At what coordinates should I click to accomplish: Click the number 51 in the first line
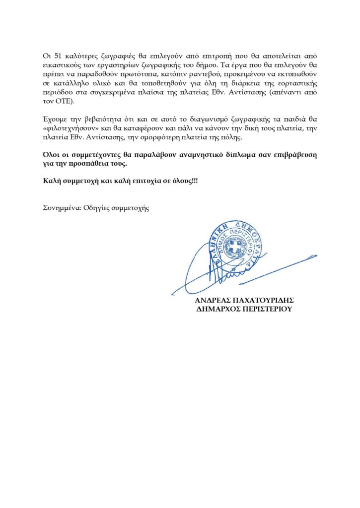56,56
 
